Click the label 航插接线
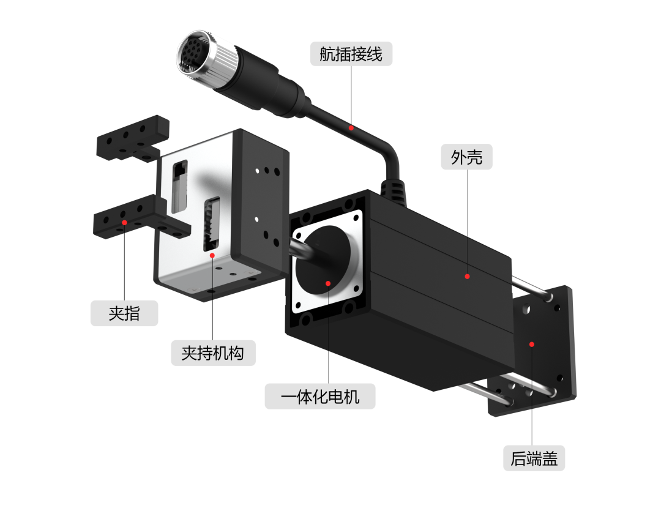pos(351,54)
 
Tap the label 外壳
pos(466,158)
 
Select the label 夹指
pos(124,313)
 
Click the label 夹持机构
pos(212,352)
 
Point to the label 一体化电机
pos(319,397)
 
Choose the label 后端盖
pos(534,458)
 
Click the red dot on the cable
pos(351,128)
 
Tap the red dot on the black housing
pos(467,277)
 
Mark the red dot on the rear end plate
pos(532,344)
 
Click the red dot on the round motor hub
pos(328,283)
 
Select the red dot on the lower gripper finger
pos(124,223)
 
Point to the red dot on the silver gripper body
pos(212,255)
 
